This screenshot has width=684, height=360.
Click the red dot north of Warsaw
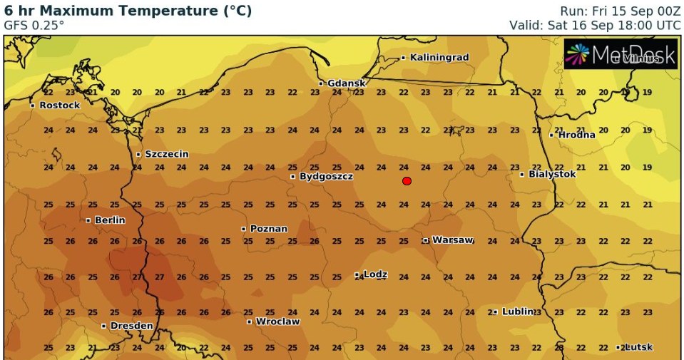[x=407, y=181]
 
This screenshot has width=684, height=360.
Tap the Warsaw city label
[x=452, y=240]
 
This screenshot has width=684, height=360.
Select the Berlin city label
[x=109, y=220]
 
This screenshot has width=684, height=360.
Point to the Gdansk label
[x=346, y=83]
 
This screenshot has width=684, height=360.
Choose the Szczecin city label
[x=167, y=154]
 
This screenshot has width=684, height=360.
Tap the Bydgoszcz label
[x=326, y=176]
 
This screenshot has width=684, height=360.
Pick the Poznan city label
[x=268, y=229]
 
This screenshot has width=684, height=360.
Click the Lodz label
[x=375, y=274]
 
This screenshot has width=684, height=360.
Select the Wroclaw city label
[x=277, y=322]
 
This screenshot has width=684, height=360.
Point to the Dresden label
[x=131, y=326]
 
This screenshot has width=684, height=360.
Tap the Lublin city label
[x=518, y=312]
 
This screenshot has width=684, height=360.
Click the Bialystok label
[x=551, y=174]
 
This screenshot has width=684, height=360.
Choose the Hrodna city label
[x=576, y=135]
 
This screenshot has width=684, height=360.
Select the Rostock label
[x=59, y=105]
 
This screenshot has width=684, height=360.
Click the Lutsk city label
[x=638, y=347]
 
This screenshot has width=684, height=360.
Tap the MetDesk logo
[x=620, y=54]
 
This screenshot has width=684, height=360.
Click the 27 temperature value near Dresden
[x=159, y=277]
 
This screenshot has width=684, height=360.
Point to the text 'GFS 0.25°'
[x=34, y=25]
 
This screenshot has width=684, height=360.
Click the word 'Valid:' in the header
[x=526, y=25]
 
